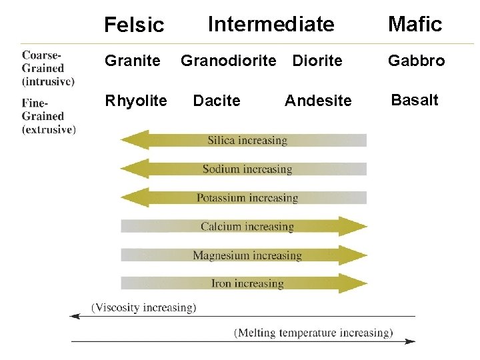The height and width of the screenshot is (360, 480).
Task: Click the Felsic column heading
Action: [134, 25]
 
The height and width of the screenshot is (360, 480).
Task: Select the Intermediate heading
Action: [271, 25]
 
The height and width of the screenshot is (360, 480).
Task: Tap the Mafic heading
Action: [415, 25]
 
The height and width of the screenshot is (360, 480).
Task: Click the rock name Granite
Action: [132, 61]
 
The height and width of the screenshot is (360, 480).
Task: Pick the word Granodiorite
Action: [228, 61]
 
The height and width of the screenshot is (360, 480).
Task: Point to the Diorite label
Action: [317, 61]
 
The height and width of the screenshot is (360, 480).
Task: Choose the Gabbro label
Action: [417, 61]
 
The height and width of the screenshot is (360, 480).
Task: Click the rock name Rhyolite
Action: [136, 101]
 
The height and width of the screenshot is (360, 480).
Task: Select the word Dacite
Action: [217, 101]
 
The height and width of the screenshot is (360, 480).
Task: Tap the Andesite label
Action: [318, 101]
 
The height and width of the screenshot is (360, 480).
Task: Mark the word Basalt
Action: [415, 100]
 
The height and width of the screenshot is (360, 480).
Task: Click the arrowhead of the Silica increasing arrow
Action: [133, 140]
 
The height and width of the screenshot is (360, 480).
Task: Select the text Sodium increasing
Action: [247, 169]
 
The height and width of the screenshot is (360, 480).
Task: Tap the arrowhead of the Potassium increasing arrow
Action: [133, 197]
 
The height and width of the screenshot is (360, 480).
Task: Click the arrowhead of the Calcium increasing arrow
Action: [355, 226]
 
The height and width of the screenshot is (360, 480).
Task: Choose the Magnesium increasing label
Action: [247, 255]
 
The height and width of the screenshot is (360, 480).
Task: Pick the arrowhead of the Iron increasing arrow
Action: [355, 283]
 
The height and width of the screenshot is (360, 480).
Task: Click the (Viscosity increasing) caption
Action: [144, 307]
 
